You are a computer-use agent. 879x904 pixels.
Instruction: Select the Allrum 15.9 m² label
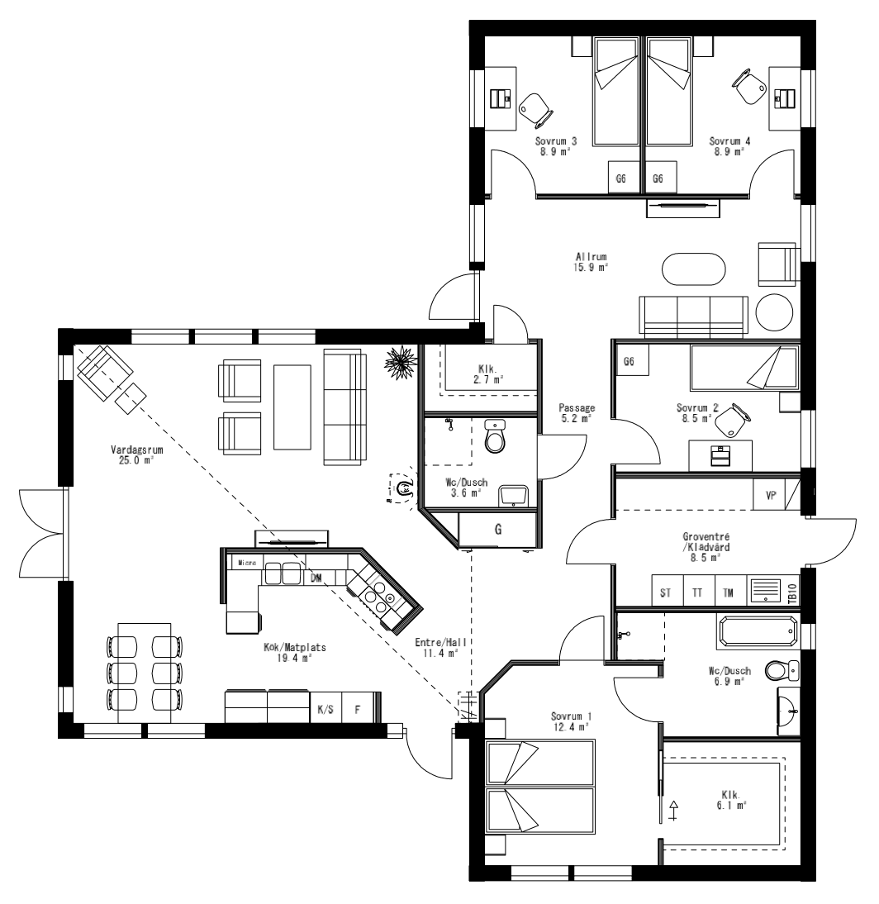[592, 262]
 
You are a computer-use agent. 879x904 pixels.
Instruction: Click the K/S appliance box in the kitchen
[325, 709]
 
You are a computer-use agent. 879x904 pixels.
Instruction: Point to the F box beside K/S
[357, 709]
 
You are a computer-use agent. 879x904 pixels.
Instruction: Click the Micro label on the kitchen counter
[246, 563]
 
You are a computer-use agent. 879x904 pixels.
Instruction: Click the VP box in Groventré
[771, 496]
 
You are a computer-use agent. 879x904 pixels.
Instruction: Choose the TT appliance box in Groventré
[698, 592]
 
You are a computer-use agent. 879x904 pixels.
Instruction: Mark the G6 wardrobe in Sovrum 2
[629, 362]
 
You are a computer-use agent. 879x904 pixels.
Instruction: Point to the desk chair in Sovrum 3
[533, 106]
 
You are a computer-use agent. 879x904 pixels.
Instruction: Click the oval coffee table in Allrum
[694, 269]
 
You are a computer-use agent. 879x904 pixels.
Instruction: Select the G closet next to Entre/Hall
[498, 530]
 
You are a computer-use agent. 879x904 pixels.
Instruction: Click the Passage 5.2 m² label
[576, 414]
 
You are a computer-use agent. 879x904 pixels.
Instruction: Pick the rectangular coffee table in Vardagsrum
[292, 407]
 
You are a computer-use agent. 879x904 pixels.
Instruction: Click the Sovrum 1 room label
[571, 721]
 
